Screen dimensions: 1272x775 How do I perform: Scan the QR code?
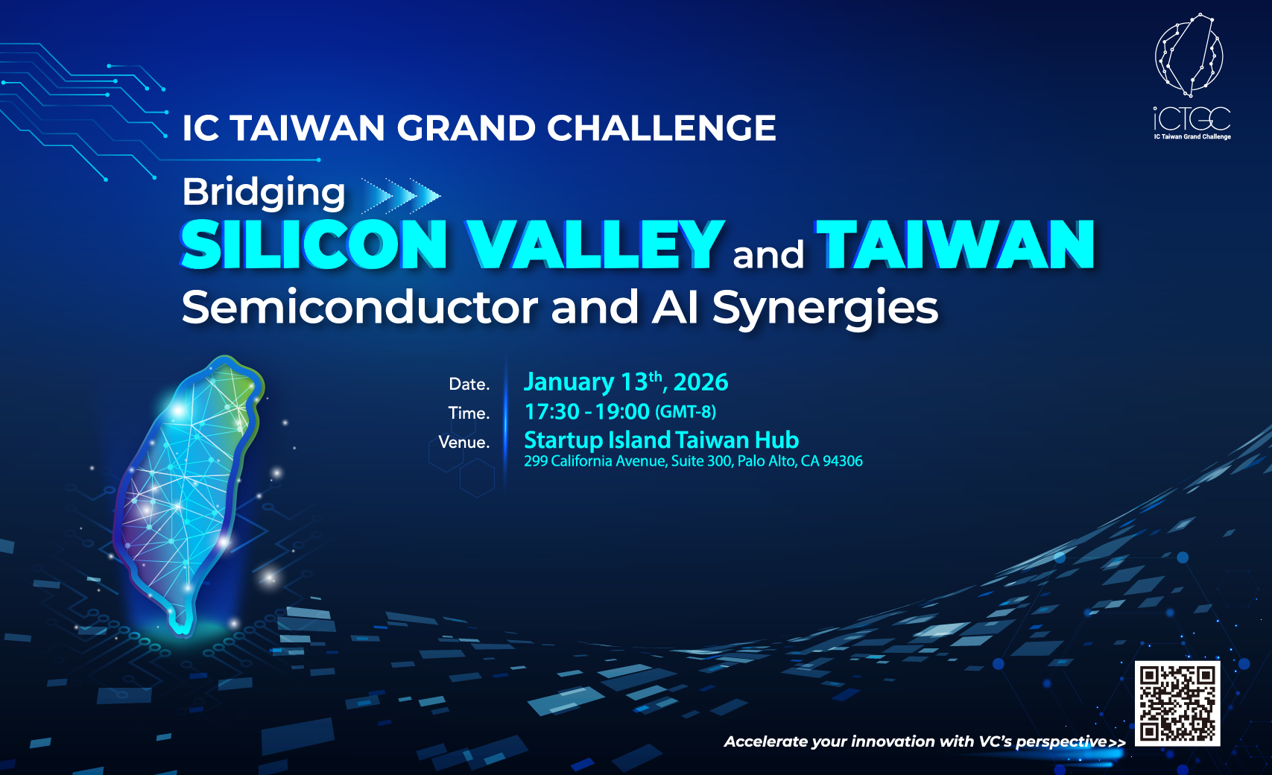pos(1177,703)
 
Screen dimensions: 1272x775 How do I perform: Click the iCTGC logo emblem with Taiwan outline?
pos(1189,55)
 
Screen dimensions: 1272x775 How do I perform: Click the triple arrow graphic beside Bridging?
pos(401,196)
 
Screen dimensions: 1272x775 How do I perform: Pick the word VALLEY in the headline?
pos(593,244)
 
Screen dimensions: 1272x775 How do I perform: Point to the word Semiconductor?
pos(359,307)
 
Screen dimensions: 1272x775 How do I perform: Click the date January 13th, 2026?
pos(626,382)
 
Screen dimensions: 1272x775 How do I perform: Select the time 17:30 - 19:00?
pos(586,411)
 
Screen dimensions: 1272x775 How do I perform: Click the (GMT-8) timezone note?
pos(686,411)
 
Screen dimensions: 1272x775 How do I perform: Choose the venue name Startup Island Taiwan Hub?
pos(661,440)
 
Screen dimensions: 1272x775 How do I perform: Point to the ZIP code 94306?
pos(843,461)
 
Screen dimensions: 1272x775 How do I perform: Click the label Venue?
pos(464,442)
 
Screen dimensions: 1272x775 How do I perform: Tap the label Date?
pos(469,384)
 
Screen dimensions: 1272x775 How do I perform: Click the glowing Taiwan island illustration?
pos(187,494)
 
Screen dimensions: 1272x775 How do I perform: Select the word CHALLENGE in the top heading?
pos(662,127)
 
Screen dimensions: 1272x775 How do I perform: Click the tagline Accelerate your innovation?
pos(924,741)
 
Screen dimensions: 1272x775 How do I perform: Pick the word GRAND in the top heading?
pos(466,127)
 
